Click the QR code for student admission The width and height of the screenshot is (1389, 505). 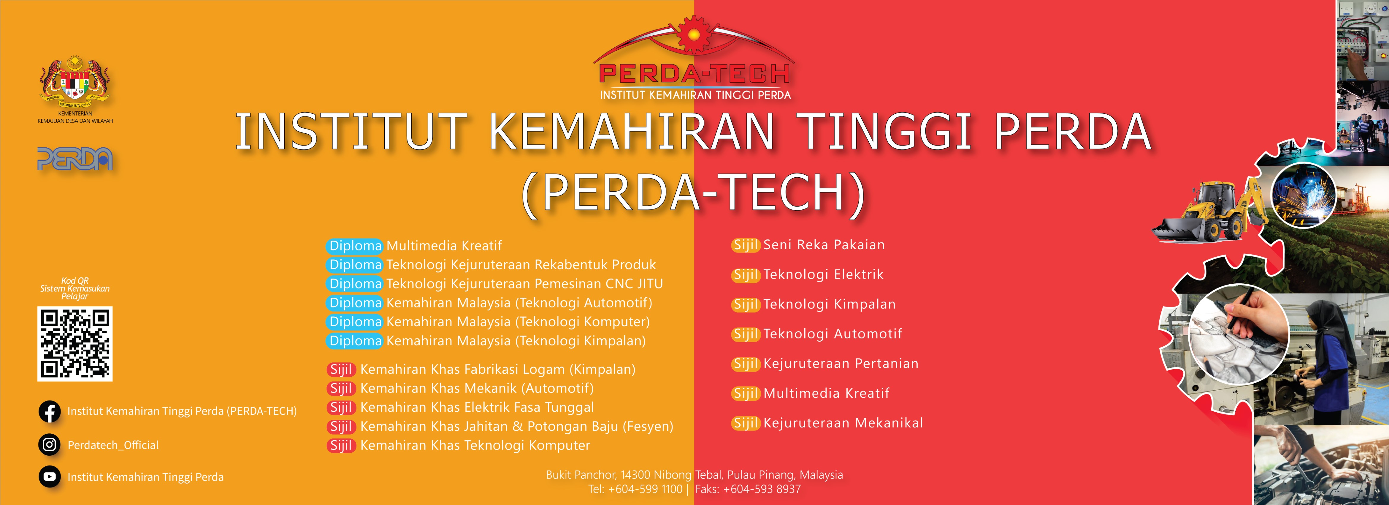[x=75, y=344]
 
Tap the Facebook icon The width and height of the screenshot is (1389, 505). [x=50, y=412]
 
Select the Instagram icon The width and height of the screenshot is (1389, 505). [x=50, y=445]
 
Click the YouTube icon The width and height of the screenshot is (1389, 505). [x=50, y=476]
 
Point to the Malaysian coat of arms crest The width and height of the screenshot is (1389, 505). [x=75, y=81]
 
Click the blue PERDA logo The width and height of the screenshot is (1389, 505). [x=75, y=159]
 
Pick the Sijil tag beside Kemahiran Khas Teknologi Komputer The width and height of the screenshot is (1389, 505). [x=341, y=446]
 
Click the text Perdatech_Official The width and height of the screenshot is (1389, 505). [x=113, y=445]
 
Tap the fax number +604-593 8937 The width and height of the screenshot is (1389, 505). [x=762, y=489]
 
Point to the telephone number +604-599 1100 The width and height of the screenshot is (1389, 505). [x=646, y=489]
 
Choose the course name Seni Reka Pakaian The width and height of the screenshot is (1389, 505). [x=824, y=245]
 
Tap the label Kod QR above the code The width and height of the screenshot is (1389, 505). [x=75, y=280]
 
